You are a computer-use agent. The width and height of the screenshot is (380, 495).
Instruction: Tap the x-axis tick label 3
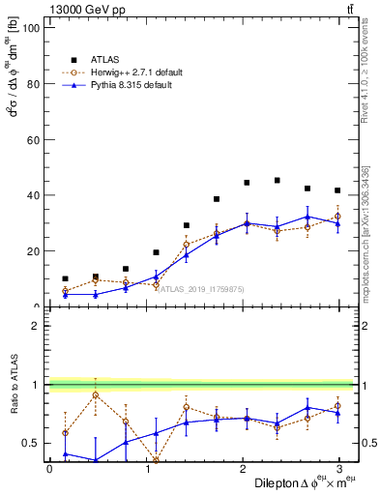pos(338,469)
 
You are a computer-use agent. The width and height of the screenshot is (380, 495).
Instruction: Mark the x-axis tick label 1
pos(146,469)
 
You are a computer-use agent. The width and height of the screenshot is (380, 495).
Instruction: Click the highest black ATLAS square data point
pos(278,180)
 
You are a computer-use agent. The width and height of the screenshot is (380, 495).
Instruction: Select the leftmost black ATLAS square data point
pos(65,278)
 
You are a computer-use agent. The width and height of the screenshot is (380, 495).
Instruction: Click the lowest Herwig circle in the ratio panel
pos(156,461)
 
